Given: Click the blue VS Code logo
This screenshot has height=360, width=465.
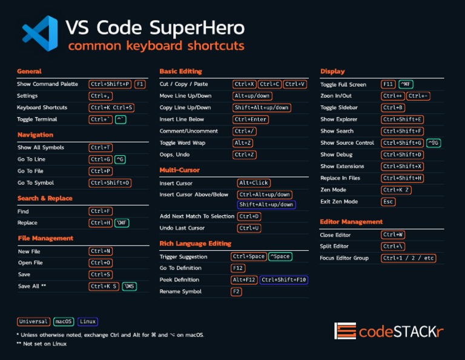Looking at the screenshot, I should (40, 33).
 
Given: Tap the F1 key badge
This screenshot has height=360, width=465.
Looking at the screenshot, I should (140, 84).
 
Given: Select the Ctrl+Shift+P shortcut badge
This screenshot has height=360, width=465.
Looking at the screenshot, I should (110, 84).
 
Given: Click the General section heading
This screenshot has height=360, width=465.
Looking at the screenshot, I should (29, 72).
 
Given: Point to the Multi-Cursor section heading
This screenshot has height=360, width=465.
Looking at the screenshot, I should (179, 170).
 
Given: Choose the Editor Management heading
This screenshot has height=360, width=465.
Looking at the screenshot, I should (351, 222).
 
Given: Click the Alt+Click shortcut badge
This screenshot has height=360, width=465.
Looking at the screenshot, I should (254, 183).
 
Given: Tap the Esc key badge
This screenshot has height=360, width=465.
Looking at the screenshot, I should (388, 202).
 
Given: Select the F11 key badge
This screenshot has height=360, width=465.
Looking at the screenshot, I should (388, 85).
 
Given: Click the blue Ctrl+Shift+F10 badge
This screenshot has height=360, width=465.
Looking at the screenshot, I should (284, 280).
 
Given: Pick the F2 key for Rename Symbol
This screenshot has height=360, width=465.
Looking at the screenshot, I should (236, 292).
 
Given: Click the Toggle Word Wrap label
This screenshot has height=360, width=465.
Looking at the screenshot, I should (183, 143).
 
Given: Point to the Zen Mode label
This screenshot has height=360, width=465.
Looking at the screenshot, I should (333, 190).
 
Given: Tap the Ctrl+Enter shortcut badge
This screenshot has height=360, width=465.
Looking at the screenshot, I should (251, 119).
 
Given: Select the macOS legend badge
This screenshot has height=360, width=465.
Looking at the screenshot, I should (64, 322).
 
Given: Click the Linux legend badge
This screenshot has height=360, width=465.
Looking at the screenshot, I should (88, 322).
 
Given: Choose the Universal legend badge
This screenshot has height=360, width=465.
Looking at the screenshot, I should (33, 322).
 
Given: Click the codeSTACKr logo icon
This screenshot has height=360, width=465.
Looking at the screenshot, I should (345, 331).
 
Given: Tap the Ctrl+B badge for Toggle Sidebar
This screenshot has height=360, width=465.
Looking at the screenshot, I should (393, 108).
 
